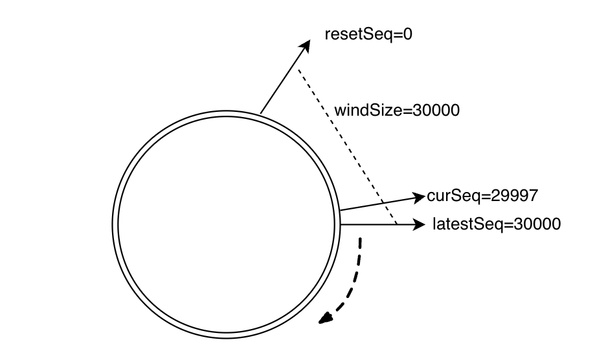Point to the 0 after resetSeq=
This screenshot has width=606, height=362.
407,34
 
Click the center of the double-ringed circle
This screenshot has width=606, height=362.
228,224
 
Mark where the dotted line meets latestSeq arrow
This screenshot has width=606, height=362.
396,224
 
